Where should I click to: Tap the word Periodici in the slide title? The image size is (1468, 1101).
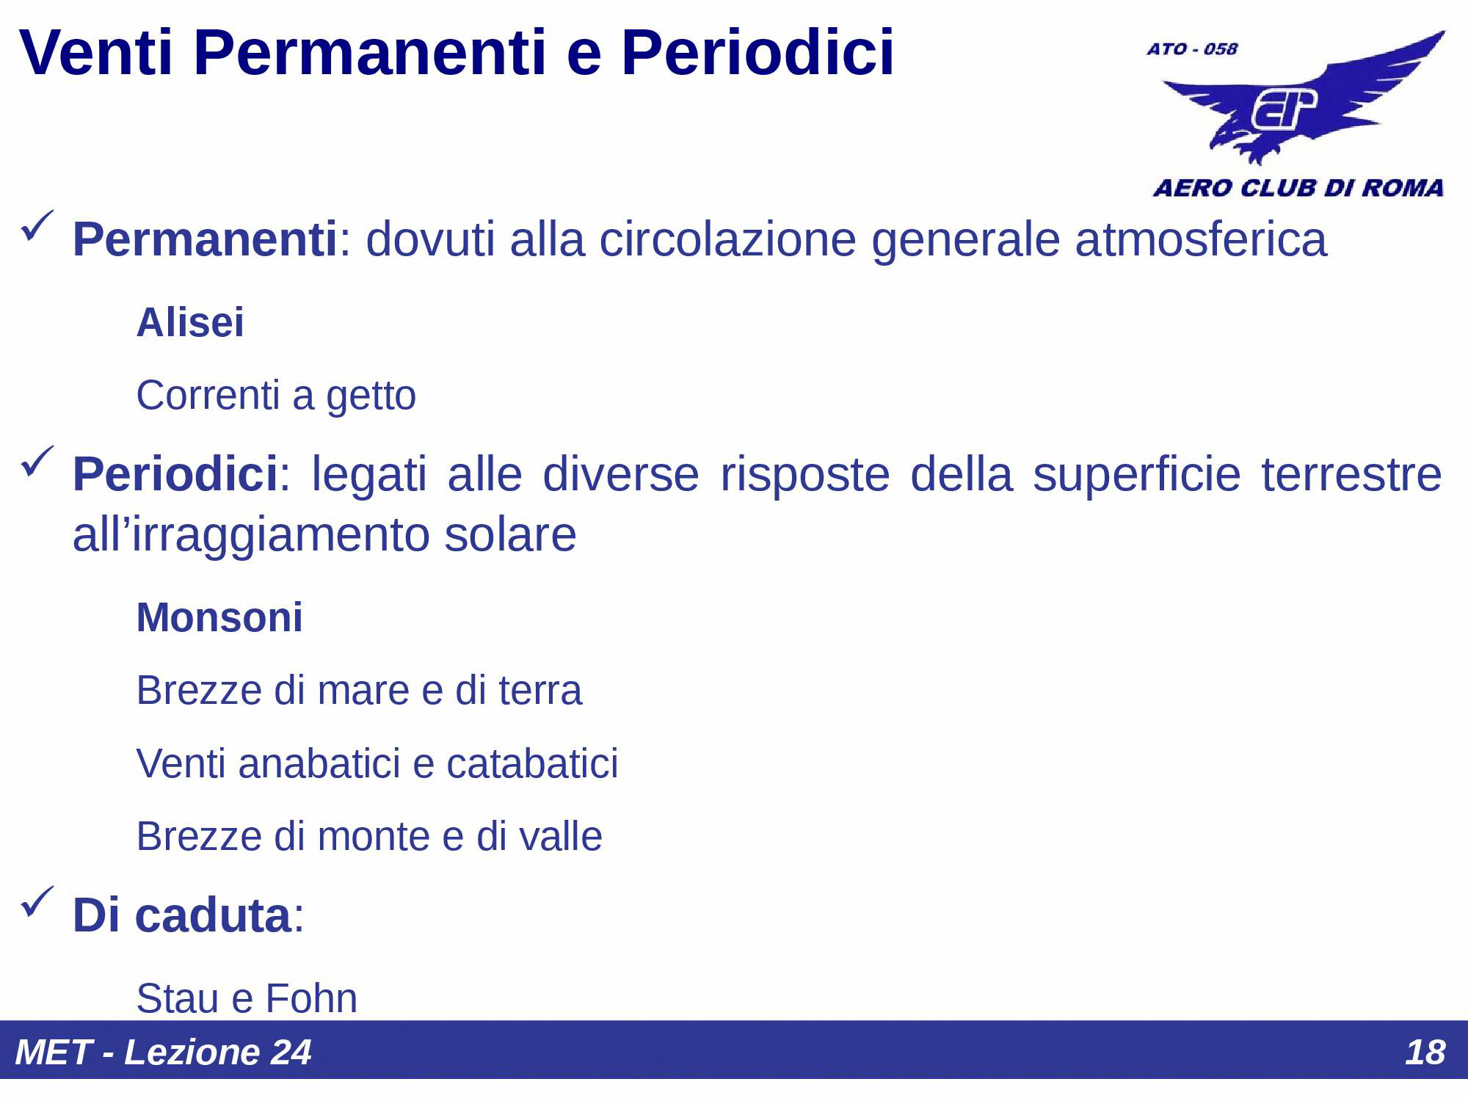pos(757,53)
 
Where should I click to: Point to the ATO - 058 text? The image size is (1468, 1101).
pos(1192,49)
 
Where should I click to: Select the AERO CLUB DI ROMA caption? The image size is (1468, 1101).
pos(1298,188)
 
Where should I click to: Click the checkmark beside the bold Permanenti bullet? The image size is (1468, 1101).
pos(37,225)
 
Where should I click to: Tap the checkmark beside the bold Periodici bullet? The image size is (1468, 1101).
pos(37,461)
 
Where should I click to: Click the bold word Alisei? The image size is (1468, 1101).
pos(190,322)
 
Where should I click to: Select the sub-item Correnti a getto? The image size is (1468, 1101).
pos(276,396)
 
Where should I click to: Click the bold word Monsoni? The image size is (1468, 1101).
pos(219,617)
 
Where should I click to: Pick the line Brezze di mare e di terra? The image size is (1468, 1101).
pos(359,691)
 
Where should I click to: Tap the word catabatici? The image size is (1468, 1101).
pos(532,763)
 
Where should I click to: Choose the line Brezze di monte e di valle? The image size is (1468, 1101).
pos(369,837)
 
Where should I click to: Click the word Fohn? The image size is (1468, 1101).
pos(311,998)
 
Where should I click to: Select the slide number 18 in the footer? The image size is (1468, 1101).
pos(1425,1052)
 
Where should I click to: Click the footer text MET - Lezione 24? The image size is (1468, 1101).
pos(163,1052)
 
